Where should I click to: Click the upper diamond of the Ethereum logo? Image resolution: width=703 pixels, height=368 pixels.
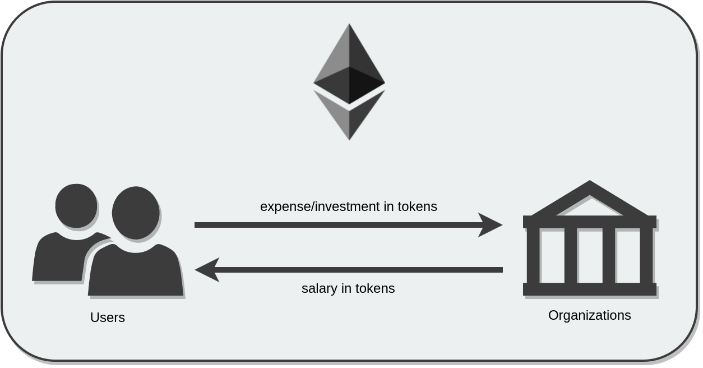[349, 67]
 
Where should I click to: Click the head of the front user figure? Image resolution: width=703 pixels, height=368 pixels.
[135, 213]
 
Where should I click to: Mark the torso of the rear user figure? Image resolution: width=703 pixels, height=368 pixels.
[59, 258]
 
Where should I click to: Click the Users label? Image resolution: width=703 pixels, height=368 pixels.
[108, 318]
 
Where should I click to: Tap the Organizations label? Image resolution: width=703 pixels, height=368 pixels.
[589, 315]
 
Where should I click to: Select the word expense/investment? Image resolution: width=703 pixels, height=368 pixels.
[320, 206]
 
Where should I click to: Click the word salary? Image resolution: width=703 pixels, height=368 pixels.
[318, 288]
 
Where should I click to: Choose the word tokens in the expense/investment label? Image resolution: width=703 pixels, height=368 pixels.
[417, 206]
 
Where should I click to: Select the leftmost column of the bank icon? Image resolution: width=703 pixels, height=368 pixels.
[533, 255]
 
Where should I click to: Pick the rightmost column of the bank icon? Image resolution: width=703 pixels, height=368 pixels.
[646, 255]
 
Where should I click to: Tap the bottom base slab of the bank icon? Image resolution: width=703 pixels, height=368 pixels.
[589, 289]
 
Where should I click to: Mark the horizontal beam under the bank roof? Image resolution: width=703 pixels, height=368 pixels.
[589, 222]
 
